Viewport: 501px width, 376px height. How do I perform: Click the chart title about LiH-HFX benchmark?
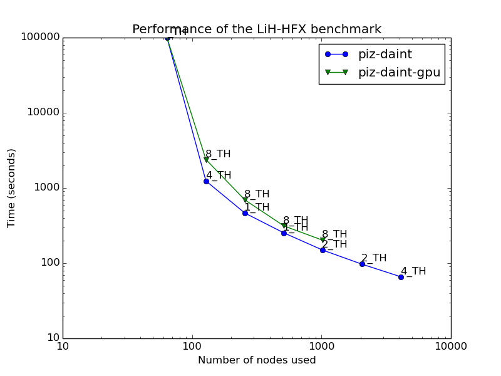256,29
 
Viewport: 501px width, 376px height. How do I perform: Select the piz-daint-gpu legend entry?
399,73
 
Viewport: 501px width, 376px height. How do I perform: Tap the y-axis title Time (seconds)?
11,188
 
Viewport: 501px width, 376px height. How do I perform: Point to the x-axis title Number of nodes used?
257,360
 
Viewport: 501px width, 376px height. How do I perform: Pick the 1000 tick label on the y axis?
46,188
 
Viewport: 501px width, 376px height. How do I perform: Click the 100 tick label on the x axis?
192,347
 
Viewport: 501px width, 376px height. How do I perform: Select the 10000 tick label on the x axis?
450,347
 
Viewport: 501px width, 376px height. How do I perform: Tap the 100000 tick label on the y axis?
41,38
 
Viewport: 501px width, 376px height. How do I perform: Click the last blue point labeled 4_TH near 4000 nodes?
401,277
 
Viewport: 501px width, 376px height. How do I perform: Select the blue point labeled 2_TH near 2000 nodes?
362,264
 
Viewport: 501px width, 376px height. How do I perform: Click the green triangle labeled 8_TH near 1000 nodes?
323,240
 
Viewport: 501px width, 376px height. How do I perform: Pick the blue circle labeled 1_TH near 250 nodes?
245,213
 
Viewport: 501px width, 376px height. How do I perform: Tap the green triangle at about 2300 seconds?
206,160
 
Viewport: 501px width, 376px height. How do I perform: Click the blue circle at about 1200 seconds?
206,181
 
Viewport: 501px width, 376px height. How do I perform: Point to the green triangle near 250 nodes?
245,200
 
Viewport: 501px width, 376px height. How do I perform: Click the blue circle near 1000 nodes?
323,250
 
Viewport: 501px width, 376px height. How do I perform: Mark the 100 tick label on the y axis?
49,263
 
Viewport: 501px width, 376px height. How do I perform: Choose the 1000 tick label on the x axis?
321,347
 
